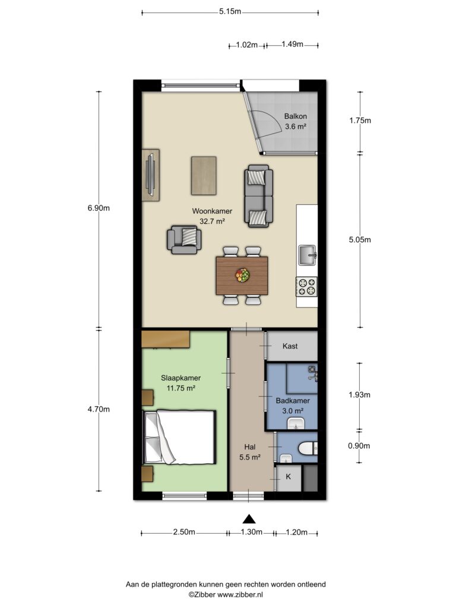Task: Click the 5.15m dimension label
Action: tap(230, 12)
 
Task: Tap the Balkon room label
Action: tap(296, 116)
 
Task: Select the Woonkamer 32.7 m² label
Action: tap(212, 216)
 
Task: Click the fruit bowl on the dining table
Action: tap(242, 275)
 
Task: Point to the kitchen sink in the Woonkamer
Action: tap(308, 255)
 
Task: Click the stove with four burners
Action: tap(307, 287)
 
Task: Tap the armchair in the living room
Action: tap(184, 240)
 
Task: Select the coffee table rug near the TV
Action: tap(204, 176)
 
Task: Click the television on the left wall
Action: tap(150, 175)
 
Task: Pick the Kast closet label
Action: tap(290, 346)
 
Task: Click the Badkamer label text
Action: tap(293, 401)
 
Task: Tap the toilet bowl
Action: tap(308, 449)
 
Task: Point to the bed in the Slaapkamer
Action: tap(179, 437)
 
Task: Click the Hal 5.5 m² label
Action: tap(250, 452)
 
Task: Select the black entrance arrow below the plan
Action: tap(249, 519)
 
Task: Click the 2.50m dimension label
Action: tap(184, 532)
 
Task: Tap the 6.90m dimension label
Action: tap(99, 208)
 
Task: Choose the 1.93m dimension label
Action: tap(359, 395)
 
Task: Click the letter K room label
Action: tap(288, 477)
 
